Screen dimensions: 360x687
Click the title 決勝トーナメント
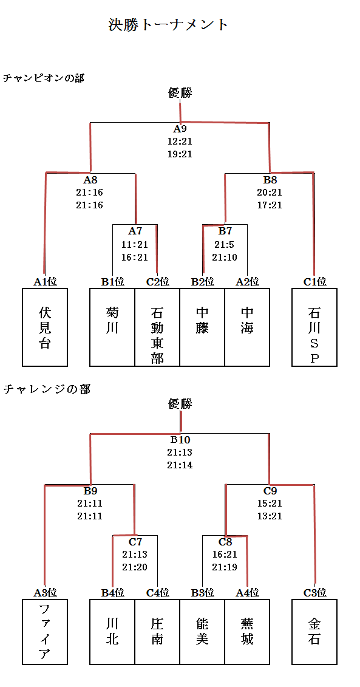169,24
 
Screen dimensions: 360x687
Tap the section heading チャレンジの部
47,389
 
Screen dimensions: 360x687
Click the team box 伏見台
45,327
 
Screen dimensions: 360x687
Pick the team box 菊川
112,327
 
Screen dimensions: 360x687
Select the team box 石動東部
157,327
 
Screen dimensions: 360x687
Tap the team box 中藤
202,327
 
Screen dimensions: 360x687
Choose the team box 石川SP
314,327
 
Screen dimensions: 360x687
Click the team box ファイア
45,631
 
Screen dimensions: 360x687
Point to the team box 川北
112,631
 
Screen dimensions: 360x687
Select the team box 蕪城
247,631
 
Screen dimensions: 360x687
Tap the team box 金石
314,631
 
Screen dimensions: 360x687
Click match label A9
180,129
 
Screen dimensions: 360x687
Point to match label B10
180,440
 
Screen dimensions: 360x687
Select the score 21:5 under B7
225,244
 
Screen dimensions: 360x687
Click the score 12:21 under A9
180,142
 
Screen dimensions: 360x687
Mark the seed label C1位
314,282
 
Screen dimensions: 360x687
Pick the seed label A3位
45,593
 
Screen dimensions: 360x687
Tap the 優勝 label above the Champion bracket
180,93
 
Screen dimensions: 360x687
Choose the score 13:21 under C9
270,516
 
